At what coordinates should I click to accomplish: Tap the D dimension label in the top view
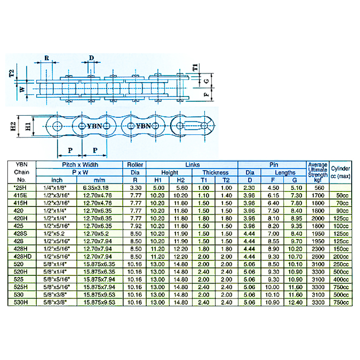click(92, 58)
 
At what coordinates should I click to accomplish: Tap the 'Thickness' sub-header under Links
click(215, 172)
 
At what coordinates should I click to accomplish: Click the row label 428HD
click(21, 256)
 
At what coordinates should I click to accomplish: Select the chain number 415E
click(21, 195)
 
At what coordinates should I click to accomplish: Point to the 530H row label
click(21, 303)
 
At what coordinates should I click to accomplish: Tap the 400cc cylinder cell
click(343, 279)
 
